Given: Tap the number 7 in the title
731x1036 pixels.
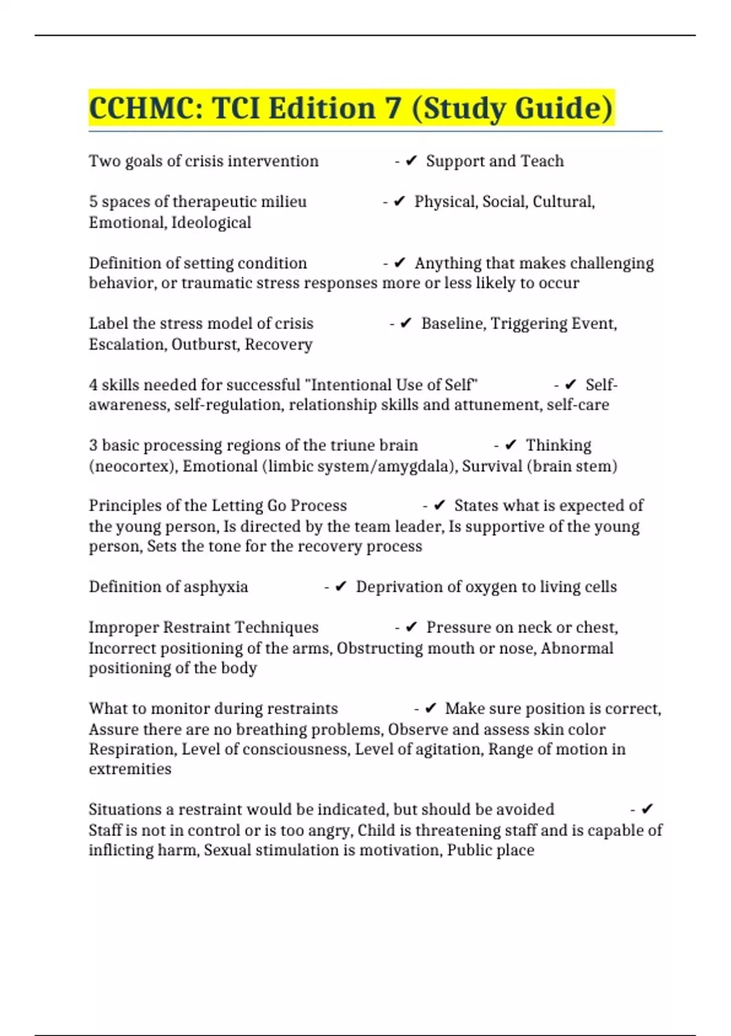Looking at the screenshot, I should [393, 108].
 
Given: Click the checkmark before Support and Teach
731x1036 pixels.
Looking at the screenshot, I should [411, 161].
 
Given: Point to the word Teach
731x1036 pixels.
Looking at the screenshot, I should [542, 161].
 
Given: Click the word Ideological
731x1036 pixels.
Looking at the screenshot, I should [211, 222].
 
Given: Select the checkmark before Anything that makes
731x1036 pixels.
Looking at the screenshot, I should [400, 263].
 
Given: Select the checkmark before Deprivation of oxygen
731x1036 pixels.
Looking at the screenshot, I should [341, 587].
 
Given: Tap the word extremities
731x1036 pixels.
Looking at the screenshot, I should [130, 769].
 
